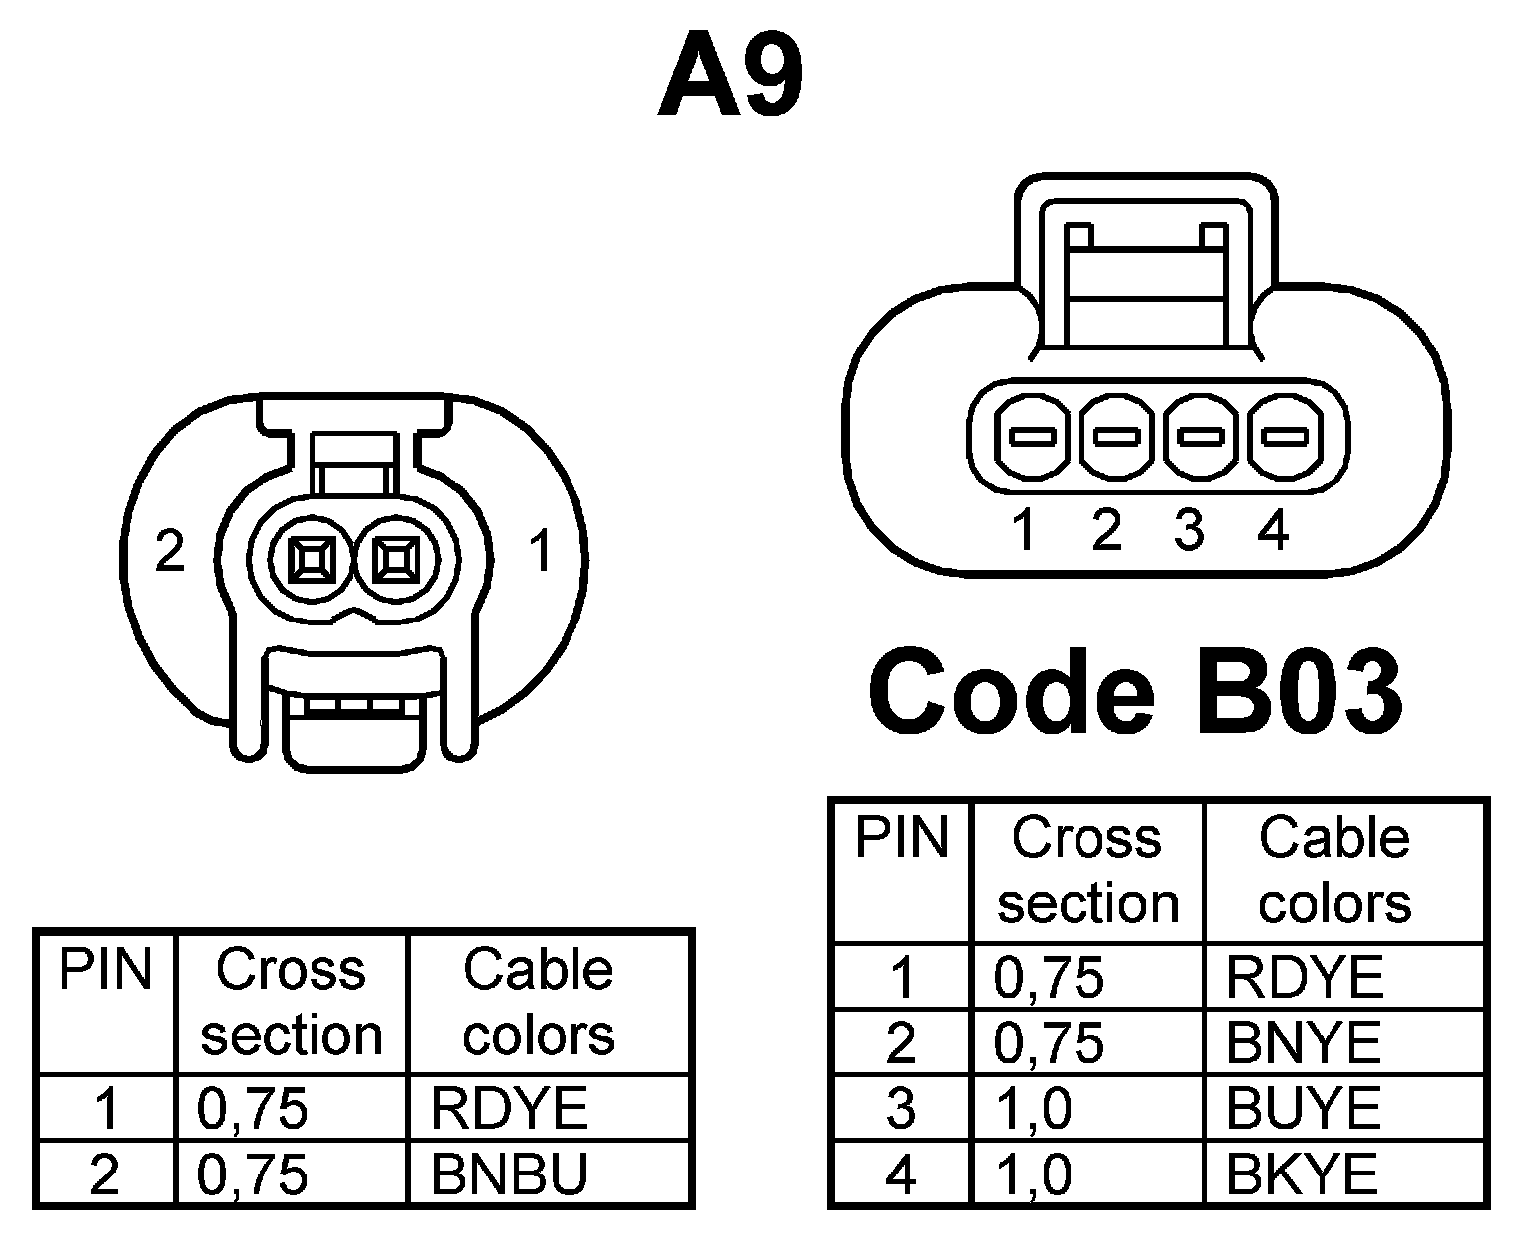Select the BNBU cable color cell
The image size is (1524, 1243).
click(x=509, y=1174)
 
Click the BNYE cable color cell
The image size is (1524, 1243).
click(x=1304, y=1042)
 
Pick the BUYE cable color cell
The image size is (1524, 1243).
click(x=1304, y=1109)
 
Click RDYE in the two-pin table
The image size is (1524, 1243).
click(x=509, y=1108)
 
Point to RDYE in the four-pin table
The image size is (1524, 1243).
click(x=1304, y=977)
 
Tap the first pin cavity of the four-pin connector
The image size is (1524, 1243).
click(x=1033, y=436)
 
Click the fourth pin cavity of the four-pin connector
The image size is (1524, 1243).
click(x=1284, y=436)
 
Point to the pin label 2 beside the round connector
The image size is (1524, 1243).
click(x=170, y=551)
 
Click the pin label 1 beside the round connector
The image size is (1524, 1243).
click(x=541, y=551)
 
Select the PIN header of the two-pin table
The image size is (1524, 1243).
click(x=105, y=970)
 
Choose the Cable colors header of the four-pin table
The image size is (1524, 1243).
click(x=1334, y=871)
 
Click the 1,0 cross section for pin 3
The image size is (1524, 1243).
click(x=1033, y=1109)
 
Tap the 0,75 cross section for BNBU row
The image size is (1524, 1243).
click(x=253, y=1174)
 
